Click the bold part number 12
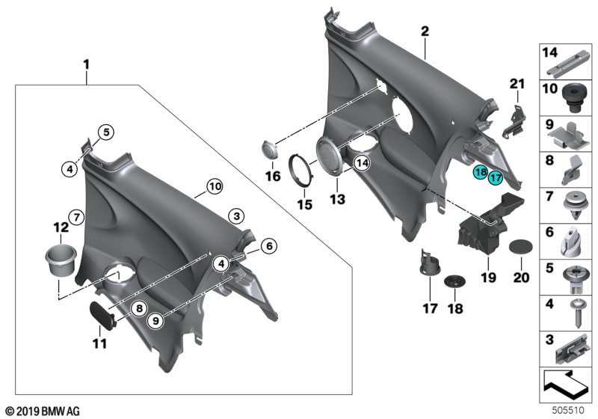click(x=60, y=227)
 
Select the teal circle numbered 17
click(x=495, y=177)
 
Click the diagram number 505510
click(x=574, y=410)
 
